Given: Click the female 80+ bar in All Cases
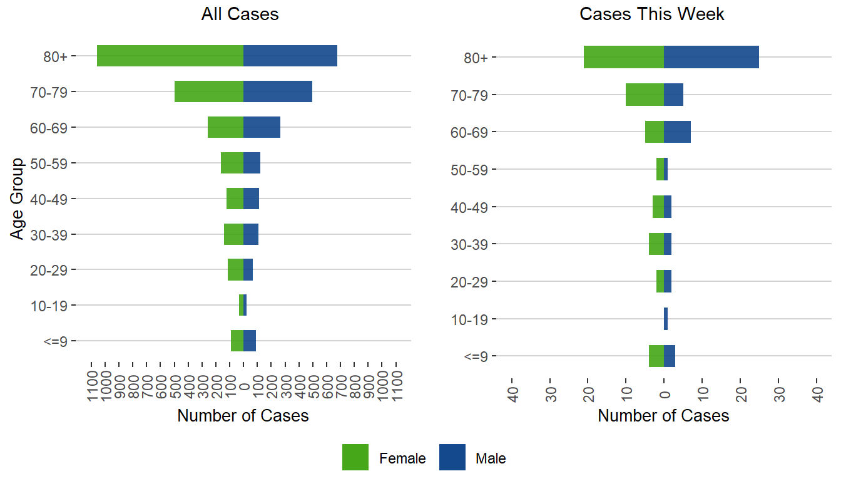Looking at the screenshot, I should [x=170, y=56].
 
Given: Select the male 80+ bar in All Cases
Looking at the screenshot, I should [x=290, y=56].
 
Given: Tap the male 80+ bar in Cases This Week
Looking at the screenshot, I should [x=711, y=57].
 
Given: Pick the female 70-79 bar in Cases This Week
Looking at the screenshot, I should [x=645, y=95].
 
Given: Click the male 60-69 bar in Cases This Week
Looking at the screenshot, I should [x=677, y=132].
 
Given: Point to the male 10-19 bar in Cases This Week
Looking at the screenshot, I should [x=666, y=319].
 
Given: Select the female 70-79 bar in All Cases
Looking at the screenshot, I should [x=209, y=91].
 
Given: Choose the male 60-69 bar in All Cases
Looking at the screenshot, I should [x=262, y=127].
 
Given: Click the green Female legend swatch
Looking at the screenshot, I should [x=355, y=457].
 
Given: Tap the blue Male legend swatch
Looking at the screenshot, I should [x=452, y=457].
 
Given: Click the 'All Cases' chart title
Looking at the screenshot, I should [x=240, y=14].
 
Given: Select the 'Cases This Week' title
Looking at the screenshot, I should [x=652, y=14].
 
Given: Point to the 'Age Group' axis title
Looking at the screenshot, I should [x=18, y=199].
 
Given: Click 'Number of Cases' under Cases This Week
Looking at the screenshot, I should [x=663, y=416].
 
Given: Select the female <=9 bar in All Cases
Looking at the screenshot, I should [x=237, y=341].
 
